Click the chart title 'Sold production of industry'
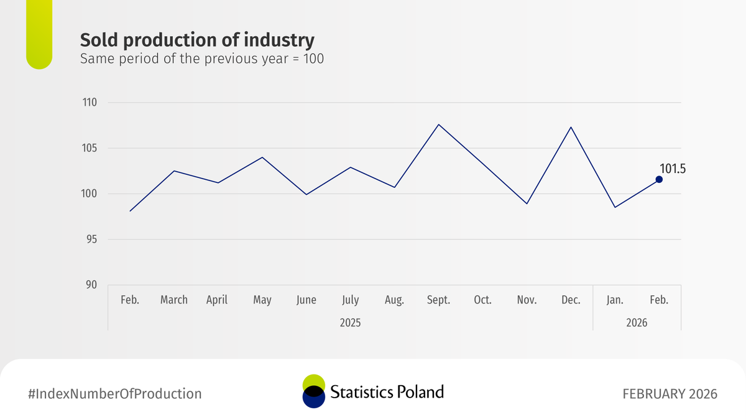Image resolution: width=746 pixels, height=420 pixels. [x=197, y=40]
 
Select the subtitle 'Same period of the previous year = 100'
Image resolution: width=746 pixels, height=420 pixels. [x=201, y=60]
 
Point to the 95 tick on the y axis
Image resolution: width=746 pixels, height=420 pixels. [x=92, y=240]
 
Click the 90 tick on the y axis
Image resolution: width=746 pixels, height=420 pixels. [x=92, y=285]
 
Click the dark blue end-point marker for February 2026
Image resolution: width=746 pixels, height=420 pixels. [x=659, y=179]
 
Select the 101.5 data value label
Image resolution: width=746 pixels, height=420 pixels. [x=672, y=168]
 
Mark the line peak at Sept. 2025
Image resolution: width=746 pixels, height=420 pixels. [x=438, y=124]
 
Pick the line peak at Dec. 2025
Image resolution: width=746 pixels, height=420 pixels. [x=571, y=127]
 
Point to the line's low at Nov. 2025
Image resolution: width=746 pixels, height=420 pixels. [x=527, y=203]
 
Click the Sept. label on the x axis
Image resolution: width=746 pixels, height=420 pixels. [x=438, y=300]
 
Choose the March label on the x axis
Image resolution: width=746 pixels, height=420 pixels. [x=173, y=300]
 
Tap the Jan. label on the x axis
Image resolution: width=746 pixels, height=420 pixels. [x=615, y=300]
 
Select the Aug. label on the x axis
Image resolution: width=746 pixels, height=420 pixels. [x=394, y=300]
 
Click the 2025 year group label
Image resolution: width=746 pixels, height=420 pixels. [x=350, y=323]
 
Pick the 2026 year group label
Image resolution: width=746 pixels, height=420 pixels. [x=637, y=323]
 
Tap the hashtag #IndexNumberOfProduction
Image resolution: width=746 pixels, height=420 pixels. [x=115, y=394]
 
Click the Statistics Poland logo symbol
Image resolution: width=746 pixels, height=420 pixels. [x=313, y=391]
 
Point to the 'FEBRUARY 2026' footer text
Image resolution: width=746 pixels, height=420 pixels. [x=670, y=394]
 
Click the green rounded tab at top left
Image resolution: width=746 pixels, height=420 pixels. [x=39, y=34]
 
